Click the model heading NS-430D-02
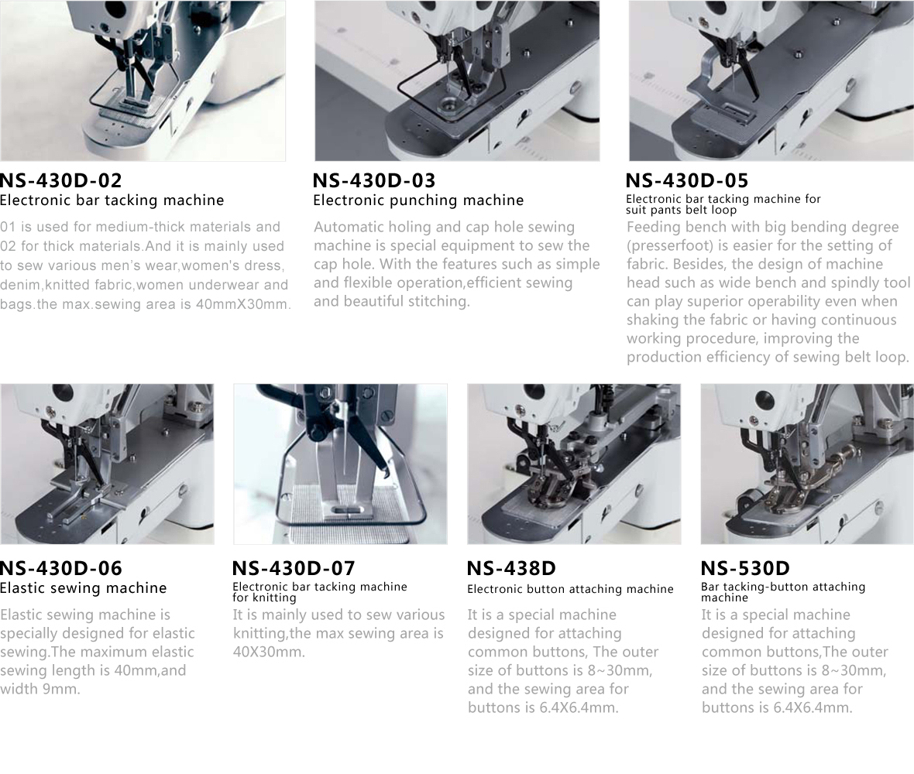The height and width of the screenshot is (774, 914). pos(60,180)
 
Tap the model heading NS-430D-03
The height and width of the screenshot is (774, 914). pos(374,180)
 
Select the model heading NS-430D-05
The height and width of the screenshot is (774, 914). pos(687,180)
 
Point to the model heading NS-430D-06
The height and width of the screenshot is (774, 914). pos(60,568)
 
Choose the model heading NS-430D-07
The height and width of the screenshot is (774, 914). pos(294,568)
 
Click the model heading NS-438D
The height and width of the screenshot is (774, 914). pos(511,568)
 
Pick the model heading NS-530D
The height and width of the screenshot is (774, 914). pos(745,568)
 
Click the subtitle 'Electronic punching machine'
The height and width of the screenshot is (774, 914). pos(418,200)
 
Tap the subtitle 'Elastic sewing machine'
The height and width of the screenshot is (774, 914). pos(84,588)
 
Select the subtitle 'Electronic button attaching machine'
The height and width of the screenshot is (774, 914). pos(570,589)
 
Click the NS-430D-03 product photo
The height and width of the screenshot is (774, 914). pos(457,80)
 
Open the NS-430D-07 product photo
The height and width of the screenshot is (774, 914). pos(340,464)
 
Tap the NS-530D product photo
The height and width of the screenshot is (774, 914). pos(807,464)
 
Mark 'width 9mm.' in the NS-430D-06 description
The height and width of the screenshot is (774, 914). pos(40,689)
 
